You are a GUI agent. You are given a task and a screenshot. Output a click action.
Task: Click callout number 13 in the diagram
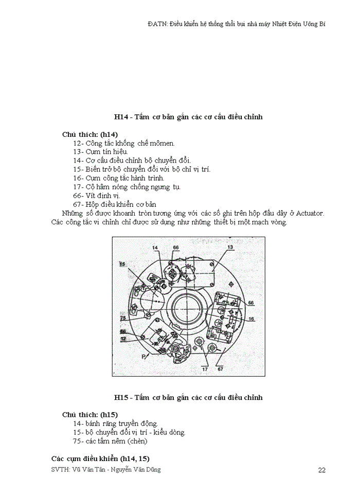230,248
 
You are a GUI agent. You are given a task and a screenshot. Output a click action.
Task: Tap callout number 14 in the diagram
155,248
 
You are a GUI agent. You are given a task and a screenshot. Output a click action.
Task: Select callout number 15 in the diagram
122,264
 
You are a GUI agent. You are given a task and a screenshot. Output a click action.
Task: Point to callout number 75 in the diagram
123,319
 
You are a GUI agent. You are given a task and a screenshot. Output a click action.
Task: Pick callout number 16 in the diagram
251,319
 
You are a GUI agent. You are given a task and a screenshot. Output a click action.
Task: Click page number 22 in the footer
322,470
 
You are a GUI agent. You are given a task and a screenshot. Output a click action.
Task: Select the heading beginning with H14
188,117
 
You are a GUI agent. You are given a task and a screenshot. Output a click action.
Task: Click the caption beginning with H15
188,397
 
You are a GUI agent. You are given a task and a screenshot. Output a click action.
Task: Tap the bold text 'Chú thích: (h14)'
90,134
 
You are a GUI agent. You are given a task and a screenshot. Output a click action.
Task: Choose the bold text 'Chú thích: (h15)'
90,414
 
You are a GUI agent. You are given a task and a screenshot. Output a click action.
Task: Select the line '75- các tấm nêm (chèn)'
110,441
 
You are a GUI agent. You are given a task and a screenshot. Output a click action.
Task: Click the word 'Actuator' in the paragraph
309,213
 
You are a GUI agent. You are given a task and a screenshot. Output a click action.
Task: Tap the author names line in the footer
106,469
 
